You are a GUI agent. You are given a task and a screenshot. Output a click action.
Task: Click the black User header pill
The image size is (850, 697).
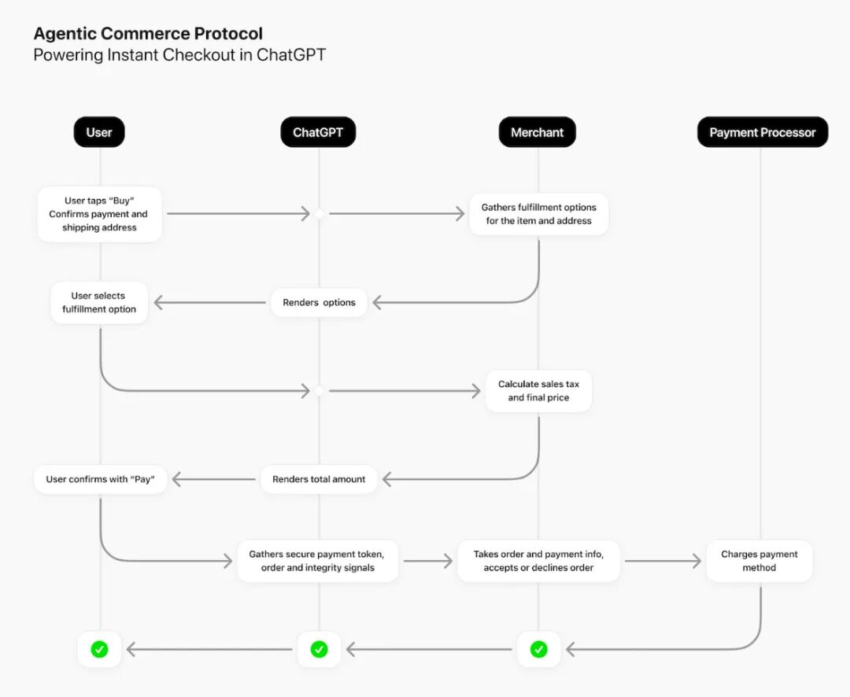point(99,132)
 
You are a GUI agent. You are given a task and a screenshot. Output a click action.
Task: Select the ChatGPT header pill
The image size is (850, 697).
point(318,132)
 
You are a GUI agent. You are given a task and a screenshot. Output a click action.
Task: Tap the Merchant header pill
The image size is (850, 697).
point(538,132)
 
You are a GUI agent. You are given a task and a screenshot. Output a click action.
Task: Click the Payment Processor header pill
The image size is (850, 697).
point(762,132)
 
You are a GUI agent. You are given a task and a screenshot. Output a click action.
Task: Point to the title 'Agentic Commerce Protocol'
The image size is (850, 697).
point(148,34)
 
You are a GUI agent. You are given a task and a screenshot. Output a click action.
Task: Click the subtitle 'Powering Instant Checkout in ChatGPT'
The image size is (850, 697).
point(179,55)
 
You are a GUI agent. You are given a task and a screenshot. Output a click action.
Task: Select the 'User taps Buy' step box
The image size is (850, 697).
point(99,214)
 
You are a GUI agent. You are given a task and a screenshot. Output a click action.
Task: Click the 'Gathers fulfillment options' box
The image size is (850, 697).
point(539,214)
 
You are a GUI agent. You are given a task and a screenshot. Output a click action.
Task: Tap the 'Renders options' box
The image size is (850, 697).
point(319,302)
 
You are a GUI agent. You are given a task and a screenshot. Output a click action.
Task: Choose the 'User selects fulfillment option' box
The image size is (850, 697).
point(99,302)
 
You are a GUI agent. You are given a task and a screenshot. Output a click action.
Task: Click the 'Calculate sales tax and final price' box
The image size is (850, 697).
point(539,391)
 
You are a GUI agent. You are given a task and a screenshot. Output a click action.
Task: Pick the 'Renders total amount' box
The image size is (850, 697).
point(319,479)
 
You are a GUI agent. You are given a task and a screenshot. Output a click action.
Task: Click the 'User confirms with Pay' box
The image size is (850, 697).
point(100,479)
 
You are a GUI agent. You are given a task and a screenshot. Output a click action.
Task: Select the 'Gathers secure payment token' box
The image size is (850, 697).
point(318,561)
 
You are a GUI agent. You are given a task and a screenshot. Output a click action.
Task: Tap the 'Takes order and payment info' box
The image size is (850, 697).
point(539,561)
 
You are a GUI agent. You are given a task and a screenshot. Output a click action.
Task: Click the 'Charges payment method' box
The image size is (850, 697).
point(759,561)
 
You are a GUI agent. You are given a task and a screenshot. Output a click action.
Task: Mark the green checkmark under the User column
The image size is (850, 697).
point(99,649)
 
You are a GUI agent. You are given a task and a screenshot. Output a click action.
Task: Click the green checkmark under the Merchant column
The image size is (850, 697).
point(539,649)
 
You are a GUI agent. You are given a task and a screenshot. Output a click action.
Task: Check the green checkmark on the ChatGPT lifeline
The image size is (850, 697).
point(320,649)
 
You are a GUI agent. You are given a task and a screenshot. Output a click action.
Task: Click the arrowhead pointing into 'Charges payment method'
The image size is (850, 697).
point(697,561)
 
